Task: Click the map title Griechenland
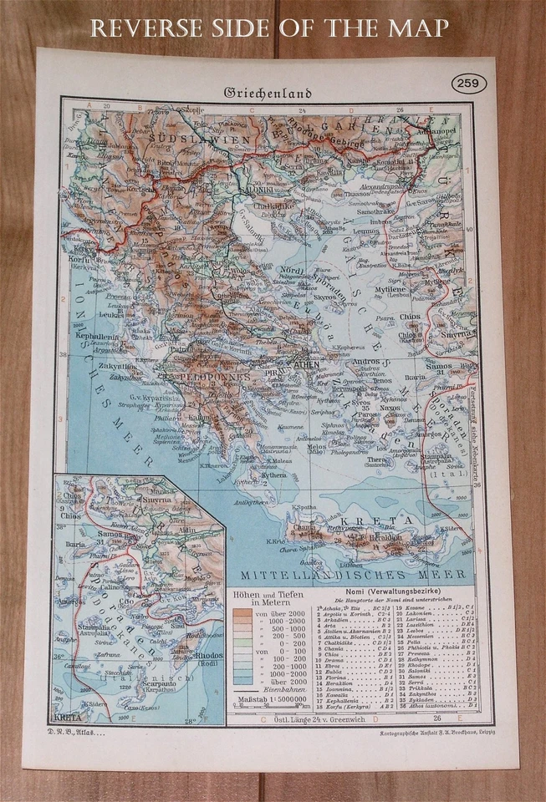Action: [x=267, y=93]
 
